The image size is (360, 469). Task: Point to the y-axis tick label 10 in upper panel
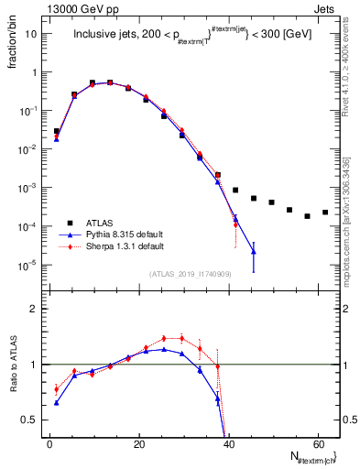[x=32, y=34]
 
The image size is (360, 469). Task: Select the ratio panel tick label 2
[x=35, y=309]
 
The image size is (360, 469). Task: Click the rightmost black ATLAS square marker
[x=325, y=213]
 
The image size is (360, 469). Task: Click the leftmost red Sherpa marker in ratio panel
[x=57, y=389]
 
